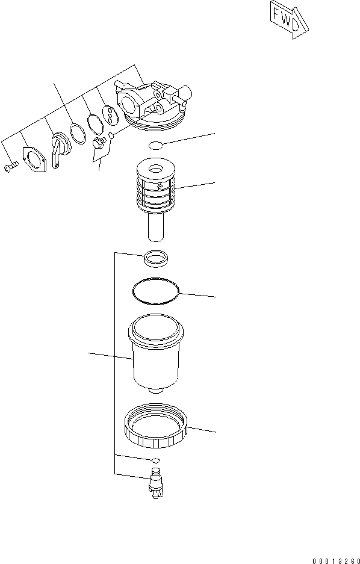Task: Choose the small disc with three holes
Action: tap(109, 114)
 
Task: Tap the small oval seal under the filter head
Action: tap(155, 145)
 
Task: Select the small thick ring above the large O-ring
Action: tap(155, 259)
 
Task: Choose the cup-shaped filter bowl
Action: tap(155, 355)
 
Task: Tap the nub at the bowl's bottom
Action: tap(155, 391)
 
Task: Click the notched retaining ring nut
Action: tap(156, 429)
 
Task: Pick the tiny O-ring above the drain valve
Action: tap(155, 460)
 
